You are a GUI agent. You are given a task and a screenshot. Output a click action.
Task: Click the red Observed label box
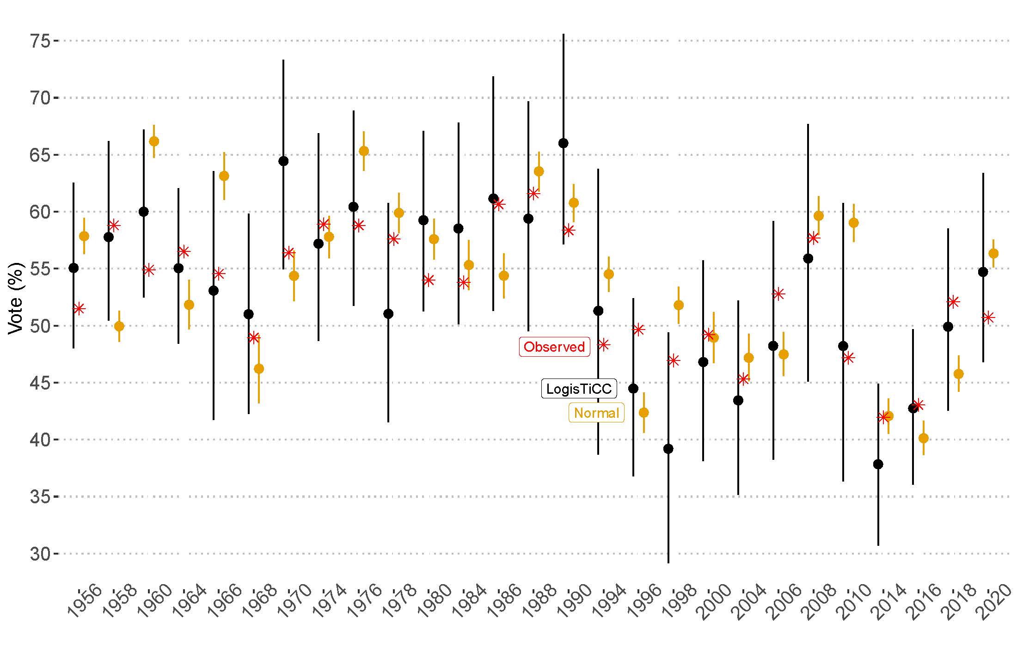coord(554,347)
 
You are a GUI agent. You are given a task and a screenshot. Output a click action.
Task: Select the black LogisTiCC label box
coord(579,389)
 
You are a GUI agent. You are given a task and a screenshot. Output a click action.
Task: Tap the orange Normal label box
coord(596,413)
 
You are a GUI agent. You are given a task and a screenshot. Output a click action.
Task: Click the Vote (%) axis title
coord(16,298)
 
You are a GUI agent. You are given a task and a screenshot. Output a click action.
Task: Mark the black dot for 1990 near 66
coord(563,143)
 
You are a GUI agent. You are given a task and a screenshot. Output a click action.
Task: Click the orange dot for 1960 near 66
coord(154,141)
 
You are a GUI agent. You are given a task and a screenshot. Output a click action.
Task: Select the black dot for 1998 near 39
coord(668,449)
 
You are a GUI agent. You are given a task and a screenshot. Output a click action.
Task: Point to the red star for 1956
coord(79,309)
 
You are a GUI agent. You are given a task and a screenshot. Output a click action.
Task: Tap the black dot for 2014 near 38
coord(878,464)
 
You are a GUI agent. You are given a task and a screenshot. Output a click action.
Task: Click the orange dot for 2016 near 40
coord(923,439)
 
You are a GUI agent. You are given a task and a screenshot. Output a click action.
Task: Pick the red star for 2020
coord(988,317)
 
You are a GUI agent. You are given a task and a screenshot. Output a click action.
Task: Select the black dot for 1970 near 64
coord(283,161)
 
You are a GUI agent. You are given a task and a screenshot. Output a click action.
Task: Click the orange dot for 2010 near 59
coord(853,223)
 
